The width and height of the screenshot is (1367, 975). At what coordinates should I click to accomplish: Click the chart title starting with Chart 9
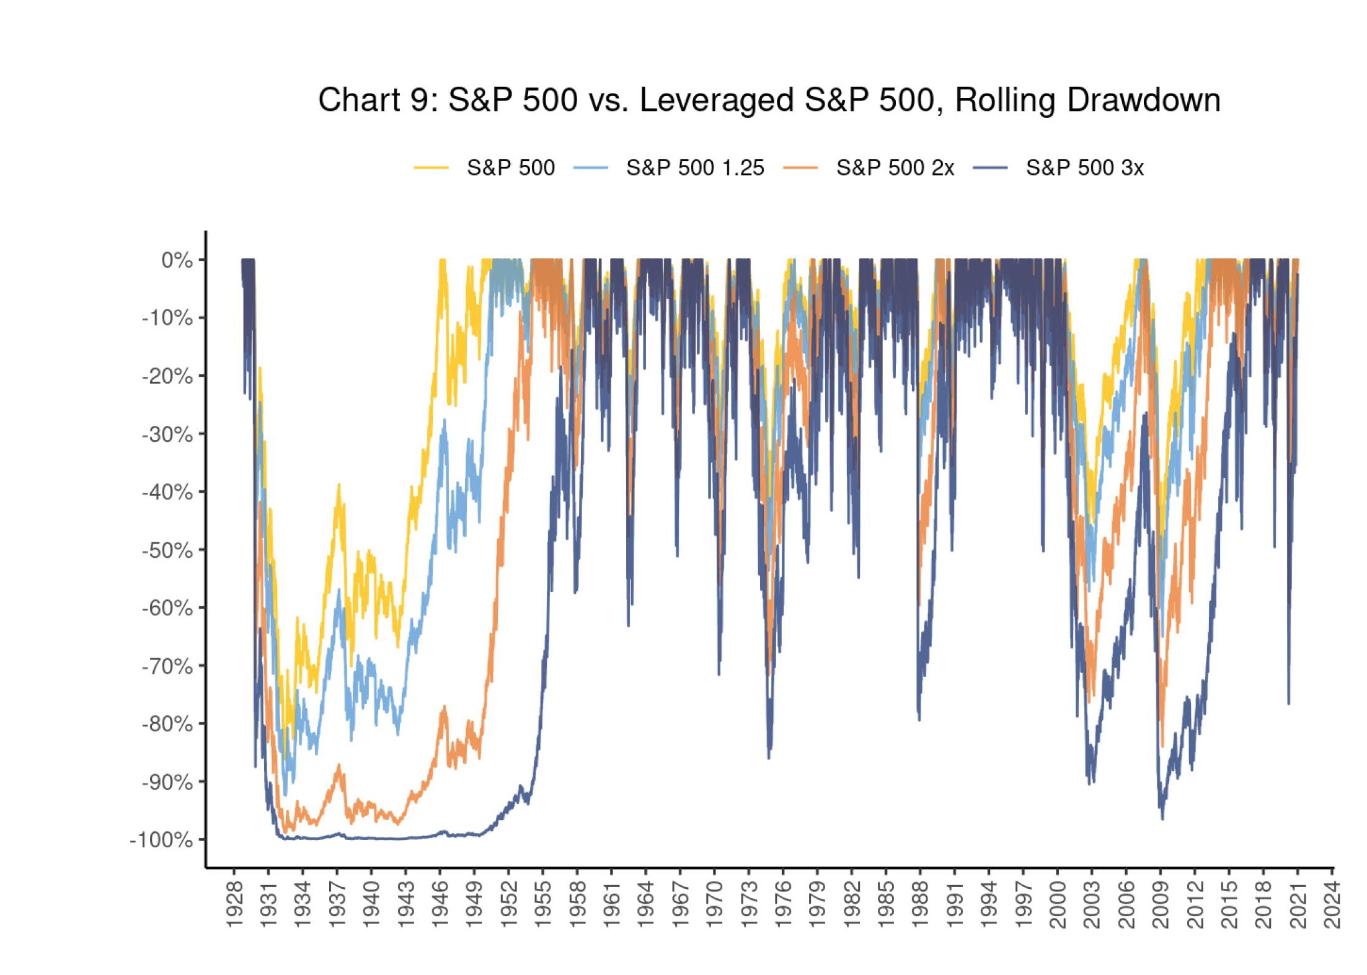pyautogui.click(x=769, y=100)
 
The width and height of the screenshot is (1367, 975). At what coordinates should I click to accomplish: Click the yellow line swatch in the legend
pyautogui.click(x=431, y=168)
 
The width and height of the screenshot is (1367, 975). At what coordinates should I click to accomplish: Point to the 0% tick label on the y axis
pyautogui.click(x=177, y=260)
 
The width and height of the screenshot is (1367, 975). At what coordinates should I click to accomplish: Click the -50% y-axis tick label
pyautogui.click(x=167, y=550)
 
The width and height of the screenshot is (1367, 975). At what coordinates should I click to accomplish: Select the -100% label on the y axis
pyautogui.click(x=161, y=840)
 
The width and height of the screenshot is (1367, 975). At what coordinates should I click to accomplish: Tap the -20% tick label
pyautogui.click(x=167, y=376)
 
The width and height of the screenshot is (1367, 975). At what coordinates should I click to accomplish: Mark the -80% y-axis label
pyautogui.click(x=167, y=724)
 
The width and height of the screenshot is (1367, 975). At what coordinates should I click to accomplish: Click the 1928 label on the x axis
pyautogui.click(x=235, y=906)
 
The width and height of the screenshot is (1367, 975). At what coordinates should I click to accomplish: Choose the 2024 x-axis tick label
pyautogui.click(x=1332, y=906)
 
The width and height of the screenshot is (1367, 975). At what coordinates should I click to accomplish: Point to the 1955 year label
pyautogui.click(x=543, y=906)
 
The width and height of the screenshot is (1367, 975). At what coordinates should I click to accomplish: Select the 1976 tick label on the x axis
pyautogui.click(x=783, y=906)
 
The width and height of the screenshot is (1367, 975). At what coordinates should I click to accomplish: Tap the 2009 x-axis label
pyautogui.click(x=1161, y=906)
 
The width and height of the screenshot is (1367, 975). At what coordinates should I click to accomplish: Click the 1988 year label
pyautogui.click(x=921, y=906)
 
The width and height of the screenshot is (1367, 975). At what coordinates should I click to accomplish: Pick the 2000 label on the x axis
pyautogui.click(x=1058, y=906)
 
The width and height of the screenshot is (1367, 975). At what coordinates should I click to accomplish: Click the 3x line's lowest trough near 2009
pyautogui.click(x=1162, y=819)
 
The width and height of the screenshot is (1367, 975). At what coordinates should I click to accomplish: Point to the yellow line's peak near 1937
pyautogui.click(x=339, y=485)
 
